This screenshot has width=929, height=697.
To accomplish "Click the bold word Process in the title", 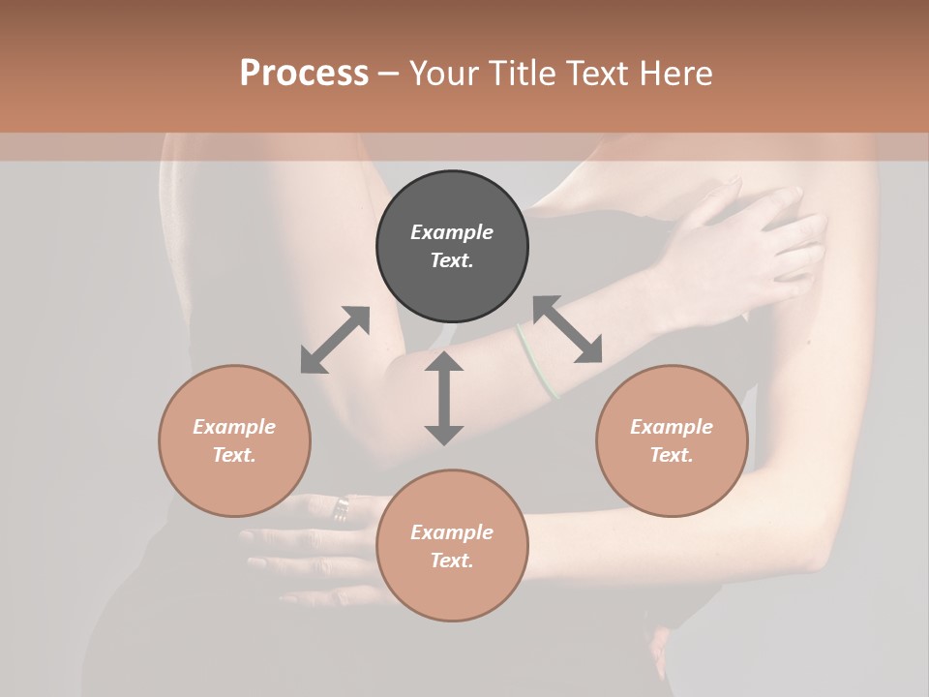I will coord(304,74).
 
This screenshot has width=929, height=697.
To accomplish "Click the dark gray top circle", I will coord(452,247).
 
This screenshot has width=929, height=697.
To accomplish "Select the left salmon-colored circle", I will coord(234,440).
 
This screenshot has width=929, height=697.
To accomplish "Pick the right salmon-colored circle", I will coord(672,440).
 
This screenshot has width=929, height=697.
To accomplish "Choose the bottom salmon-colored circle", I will coord(452,546).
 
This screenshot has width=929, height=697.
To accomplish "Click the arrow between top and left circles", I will coord(335,340).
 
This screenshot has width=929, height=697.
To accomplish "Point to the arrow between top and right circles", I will coord(568,329).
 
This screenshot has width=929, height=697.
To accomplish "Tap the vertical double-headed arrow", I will coord(444,398).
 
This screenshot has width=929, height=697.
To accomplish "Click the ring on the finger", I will coord(342,507).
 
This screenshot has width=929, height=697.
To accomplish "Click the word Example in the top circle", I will coord(452,232).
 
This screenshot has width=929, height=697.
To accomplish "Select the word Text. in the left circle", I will coord(234,455).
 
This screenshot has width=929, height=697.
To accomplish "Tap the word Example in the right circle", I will coord(672,427).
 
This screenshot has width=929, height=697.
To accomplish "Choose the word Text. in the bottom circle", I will coord(452,561).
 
